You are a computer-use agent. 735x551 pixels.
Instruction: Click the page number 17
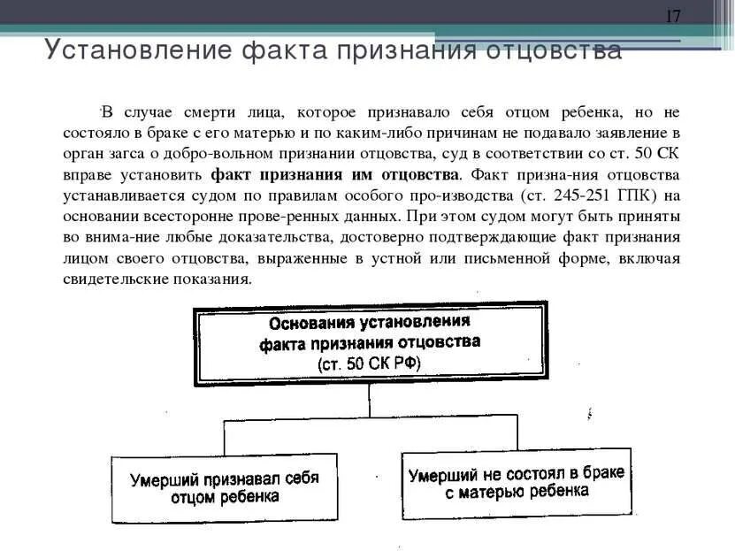pyautogui.click(x=674, y=17)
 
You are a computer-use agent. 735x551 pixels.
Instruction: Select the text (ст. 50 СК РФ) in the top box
pyautogui.click(x=370, y=364)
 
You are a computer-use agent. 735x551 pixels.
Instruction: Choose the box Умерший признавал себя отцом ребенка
pyautogui.click(x=225, y=488)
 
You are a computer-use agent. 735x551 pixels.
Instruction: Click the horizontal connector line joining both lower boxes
pyautogui.click(x=371, y=418)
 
